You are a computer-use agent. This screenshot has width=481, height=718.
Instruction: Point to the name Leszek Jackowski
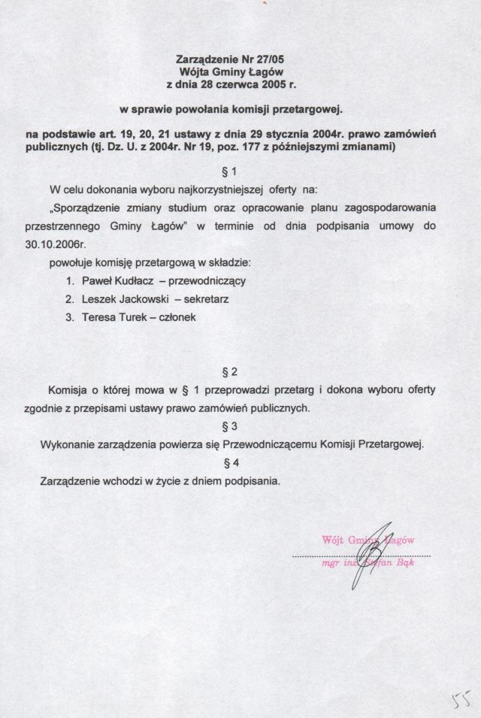point(119,299)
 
